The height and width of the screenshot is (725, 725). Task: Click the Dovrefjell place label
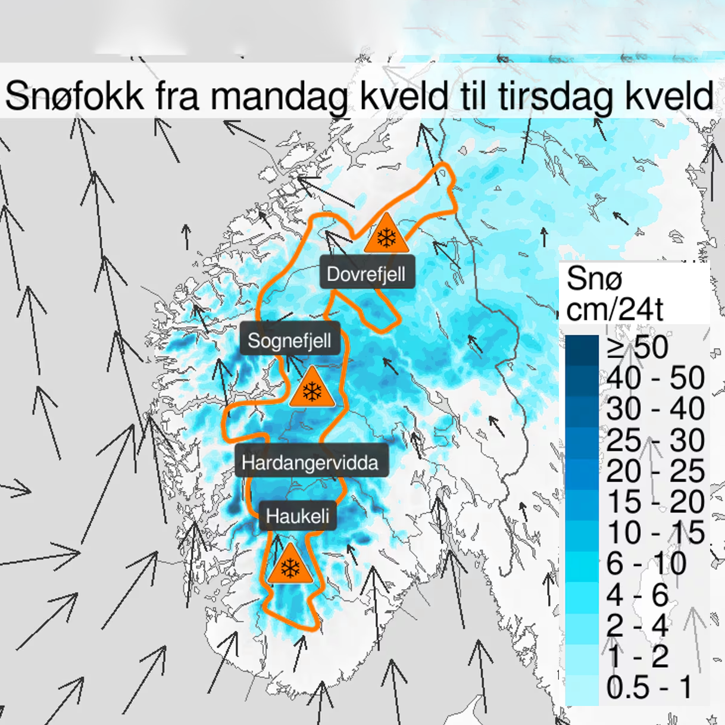[366, 274]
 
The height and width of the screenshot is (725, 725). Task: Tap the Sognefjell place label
[289, 340]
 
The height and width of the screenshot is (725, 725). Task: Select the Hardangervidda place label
[310, 462]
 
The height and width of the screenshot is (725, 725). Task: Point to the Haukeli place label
[298, 515]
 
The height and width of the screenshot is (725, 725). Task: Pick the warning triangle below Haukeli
[290, 566]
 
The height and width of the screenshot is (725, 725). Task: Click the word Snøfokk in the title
[74, 95]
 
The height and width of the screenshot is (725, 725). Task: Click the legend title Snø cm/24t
[614, 293]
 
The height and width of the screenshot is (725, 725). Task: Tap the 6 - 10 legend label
[646, 564]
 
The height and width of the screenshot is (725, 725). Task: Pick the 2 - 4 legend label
[637, 626]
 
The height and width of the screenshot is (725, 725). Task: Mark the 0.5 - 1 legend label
[649, 687]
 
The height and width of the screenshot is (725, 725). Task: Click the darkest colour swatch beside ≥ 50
[582, 350]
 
